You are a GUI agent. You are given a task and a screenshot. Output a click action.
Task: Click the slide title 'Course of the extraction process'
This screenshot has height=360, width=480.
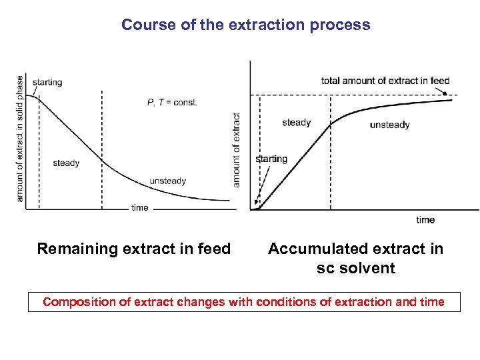(245, 25)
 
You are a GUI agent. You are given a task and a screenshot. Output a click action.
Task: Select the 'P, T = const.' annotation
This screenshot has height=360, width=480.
(172, 102)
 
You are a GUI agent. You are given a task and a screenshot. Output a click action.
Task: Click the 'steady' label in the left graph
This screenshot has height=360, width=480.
(66, 163)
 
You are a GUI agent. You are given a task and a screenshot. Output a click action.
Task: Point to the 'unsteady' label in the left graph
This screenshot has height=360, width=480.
(168, 181)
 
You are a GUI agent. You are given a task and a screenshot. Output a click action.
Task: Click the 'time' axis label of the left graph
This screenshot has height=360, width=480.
(140, 208)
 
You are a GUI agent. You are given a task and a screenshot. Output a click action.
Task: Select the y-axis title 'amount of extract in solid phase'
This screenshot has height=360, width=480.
(20, 138)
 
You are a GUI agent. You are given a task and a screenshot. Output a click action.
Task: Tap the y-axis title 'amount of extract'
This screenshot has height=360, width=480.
(236, 149)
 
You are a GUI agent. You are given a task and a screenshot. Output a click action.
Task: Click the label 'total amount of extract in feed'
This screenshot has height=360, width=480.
(385, 81)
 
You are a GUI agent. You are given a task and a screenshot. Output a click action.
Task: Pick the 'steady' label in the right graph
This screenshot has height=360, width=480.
(296, 122)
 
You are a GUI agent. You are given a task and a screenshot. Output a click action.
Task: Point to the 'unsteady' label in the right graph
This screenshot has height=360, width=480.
(389, 124)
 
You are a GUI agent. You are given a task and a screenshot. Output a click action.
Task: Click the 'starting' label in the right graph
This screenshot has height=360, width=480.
(271, 159)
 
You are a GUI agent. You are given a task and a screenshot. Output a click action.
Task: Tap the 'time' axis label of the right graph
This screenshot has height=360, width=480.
(425, 219)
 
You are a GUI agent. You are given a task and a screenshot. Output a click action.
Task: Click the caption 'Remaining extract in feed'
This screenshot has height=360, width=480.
(133, 249)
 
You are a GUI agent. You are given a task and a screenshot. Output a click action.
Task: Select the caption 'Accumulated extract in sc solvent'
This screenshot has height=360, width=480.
(355, 258)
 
